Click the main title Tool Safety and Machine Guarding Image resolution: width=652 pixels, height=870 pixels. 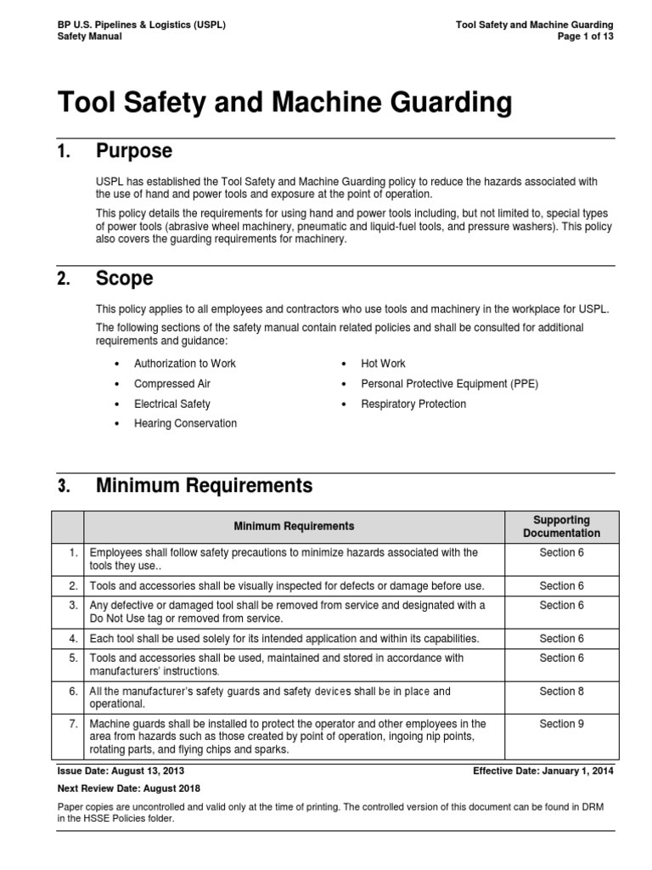click(284, 104)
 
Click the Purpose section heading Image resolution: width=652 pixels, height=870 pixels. click(134, 152)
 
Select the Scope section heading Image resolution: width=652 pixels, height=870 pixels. click(125, 279)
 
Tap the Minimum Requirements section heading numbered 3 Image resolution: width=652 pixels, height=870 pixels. click(204, 486)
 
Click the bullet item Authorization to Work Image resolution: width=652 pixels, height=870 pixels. click(185, 364)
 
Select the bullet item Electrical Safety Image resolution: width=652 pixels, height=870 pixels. click(172, 404)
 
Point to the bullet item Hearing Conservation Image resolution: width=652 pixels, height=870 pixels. click(186, 424)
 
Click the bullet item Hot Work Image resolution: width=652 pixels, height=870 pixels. click(383, 364)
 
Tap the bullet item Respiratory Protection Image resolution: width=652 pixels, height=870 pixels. click(413, 404)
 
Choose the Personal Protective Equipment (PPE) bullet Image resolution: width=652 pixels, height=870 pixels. click(449, 384)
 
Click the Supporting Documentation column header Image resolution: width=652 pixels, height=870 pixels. click(561, 527)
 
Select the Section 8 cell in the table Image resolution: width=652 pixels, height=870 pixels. click(561, 692)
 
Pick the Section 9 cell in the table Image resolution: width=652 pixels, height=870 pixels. click(561, 724)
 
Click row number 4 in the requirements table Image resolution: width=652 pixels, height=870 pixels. click(73, 639)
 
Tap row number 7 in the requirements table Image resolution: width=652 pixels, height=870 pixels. click(73, 724)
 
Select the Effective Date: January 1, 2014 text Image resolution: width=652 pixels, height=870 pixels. click(543, 771)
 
